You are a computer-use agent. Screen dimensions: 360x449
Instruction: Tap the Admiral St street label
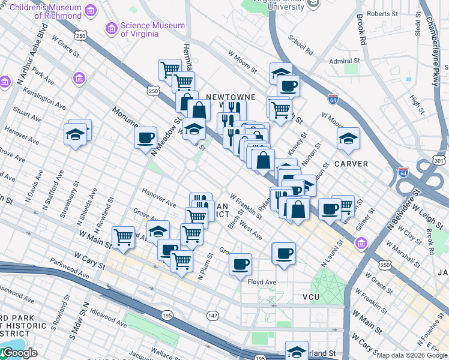344,61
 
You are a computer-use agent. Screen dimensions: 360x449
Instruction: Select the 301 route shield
439,160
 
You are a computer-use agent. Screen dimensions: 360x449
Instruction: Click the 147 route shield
212,315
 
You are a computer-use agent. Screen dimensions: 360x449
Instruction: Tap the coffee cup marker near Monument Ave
145,137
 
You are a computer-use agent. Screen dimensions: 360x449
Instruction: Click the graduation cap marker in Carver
348,139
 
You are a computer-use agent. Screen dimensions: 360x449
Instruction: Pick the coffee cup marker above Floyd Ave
240,264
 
